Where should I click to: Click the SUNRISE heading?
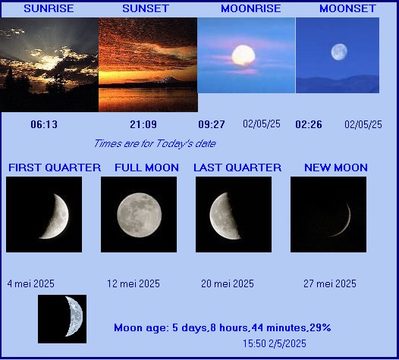pyautogui.click(x=49, y=8)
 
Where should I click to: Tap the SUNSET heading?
pyautogui.click(x=146, y=8)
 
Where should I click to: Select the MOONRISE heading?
pyautogui.click(x=250, y=8)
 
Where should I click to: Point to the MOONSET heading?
pyautogui.click(x=347, y=8)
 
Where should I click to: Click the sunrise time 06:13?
pyautogui.click(x=44, y=124)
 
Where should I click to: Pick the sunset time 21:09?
pyautogui.click(x=143, y=124)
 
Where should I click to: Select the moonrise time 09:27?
pyautogui.click(x=212, y=124)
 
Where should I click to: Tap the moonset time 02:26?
pyautogui.click(x=309, y=124)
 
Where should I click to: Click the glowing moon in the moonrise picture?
pyautogui.click(x=243, y=55)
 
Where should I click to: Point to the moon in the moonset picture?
pyautogui.click(x=339, y=52)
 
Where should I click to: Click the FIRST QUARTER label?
pyautogui.click(x=55, y=167)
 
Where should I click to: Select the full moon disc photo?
pyautogui.click(x=139, y=215)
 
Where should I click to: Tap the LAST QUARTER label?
pyautogui.click(x=237, y=167)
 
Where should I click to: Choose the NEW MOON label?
pyautogui.click(x=336, y=167)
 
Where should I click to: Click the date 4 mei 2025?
pyautogui.click(x=31, y=283)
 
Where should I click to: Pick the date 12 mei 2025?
pyautogui.click(x=134, y=283)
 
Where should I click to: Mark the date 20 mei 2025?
pyautogui.click(x=228, y=283)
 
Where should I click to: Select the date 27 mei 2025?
pyautogui.click(x=330, y=283)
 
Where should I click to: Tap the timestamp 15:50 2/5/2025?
pyautogui.click(x=275, y=343)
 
